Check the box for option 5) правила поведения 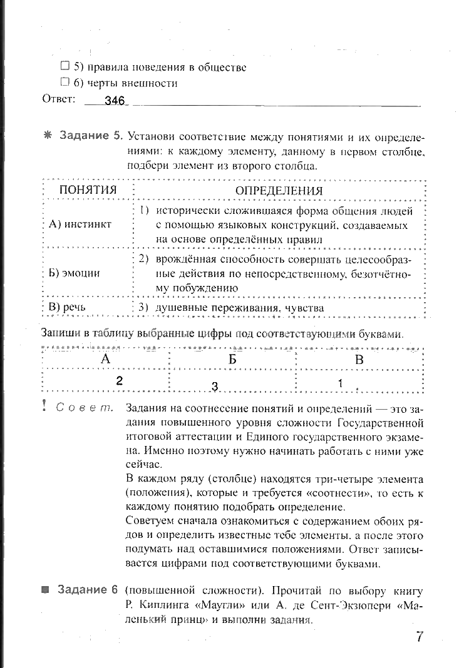pos(64,66)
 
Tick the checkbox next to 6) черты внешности pos(64,82)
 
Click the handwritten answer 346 pos(115,101)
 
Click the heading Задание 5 pos(90,136)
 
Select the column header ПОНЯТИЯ pos(88,190)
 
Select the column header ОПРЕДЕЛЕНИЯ pos(279,190)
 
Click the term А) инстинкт pos(80,224)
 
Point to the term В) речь pos(67,307)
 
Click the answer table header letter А pos(105,359)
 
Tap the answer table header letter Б pos(232,359)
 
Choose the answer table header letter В pos(359,359)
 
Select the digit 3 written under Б pos(214,387)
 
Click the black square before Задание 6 pos(45,590)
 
